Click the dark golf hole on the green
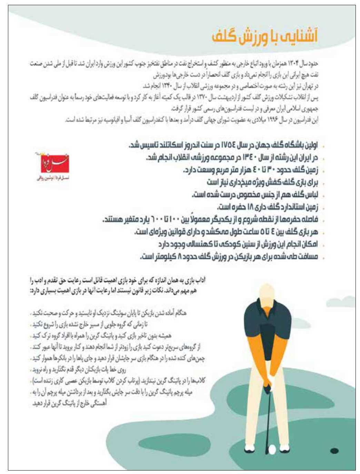[334, 451]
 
